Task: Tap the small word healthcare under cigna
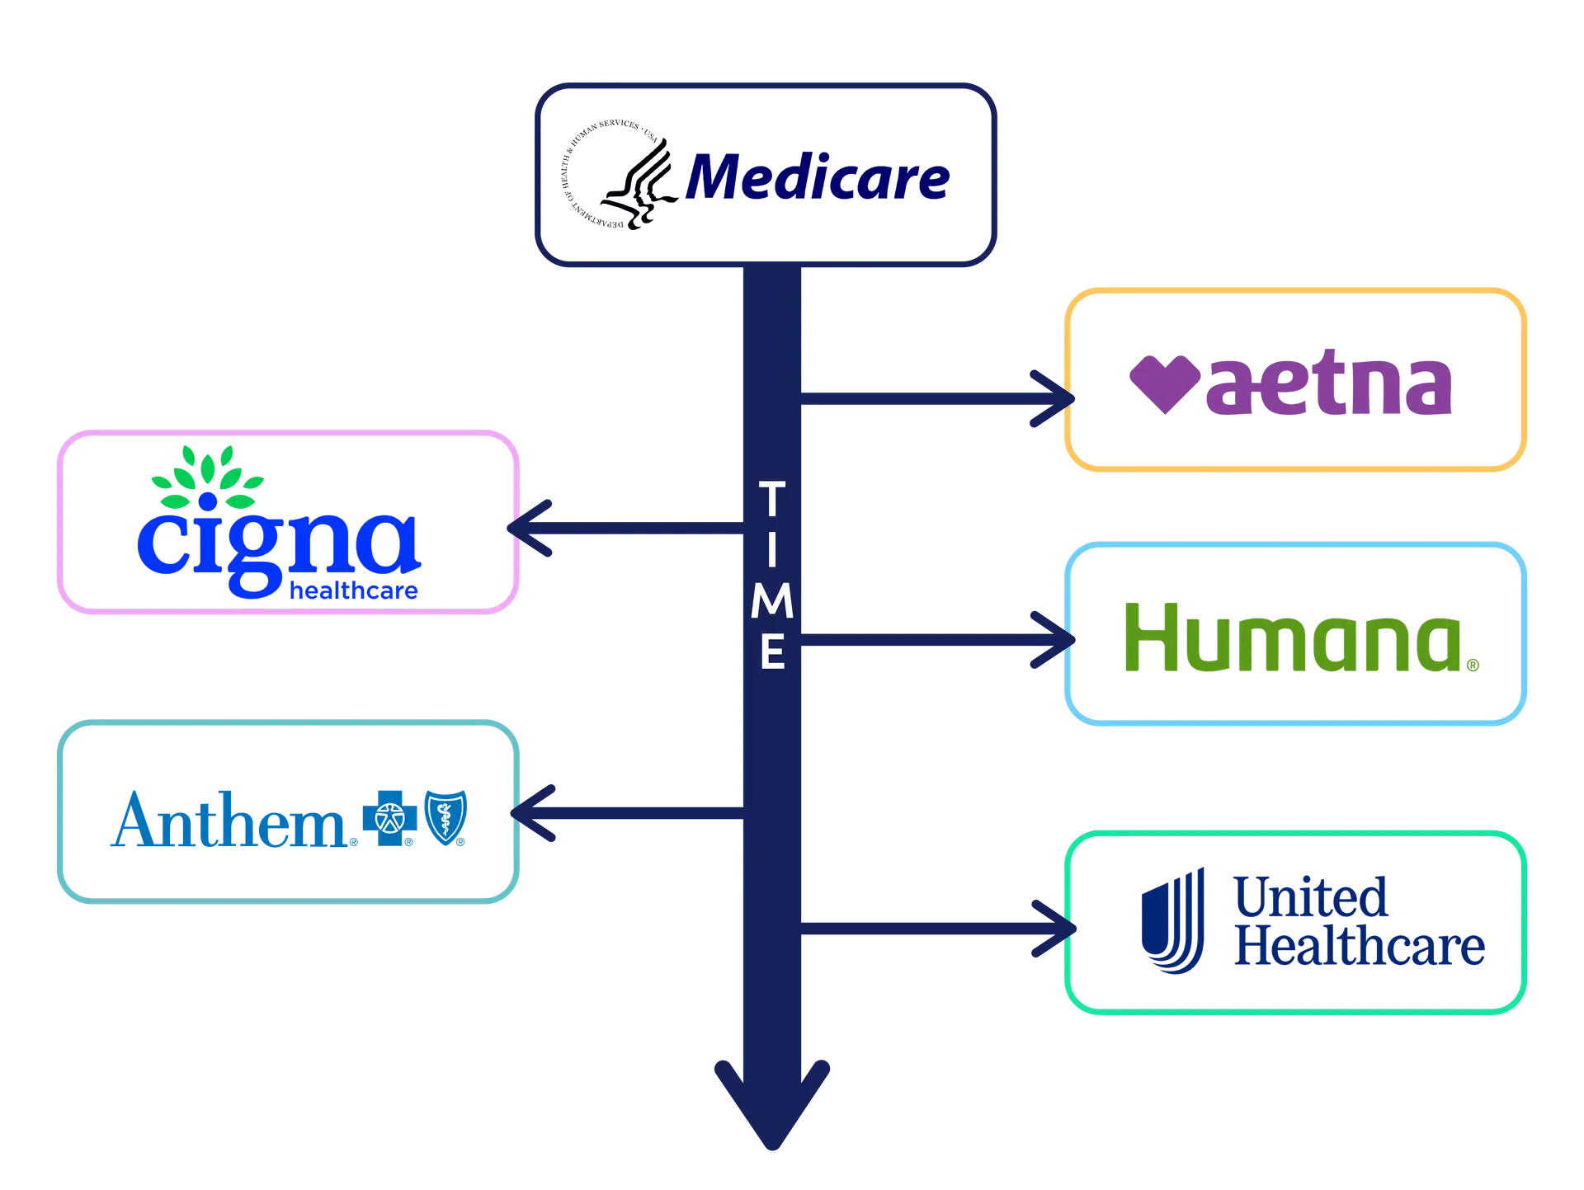click(x=356, y=590)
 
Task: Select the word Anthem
click(x=231, y=820)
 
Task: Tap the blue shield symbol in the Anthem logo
click(x=445, y=816)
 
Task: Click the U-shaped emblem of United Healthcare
click(x=1171, y=921)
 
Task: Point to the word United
click(x=1311, y=898)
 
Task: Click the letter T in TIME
click(x=772, y=499)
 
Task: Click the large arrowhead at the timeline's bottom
click(x=771, y=1105)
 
